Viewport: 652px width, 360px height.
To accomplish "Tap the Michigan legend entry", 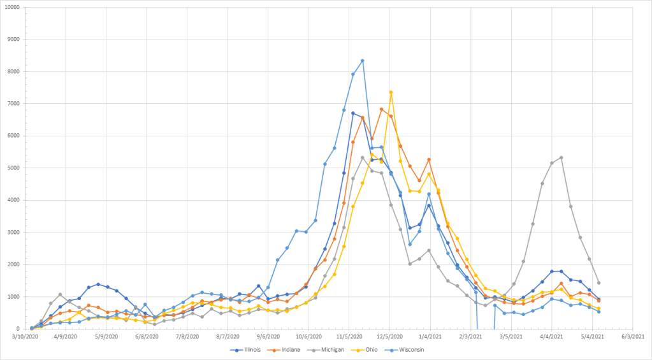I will (x=338, y=350).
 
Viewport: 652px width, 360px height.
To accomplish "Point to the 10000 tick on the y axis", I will (x=12, y=8).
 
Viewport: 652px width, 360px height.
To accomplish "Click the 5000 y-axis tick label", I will (x=14, y=168).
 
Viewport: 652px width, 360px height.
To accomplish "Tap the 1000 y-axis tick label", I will (x=14, y=297).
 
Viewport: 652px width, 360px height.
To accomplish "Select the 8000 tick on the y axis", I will (x=14, y=72).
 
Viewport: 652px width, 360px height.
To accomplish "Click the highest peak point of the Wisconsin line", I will (x=363, y=61).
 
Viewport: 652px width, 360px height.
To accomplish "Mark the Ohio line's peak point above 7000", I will (x=391, y=92).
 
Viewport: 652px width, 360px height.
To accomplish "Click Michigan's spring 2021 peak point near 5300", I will (x=561, y=157).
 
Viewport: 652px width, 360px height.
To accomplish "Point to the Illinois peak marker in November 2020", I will (x=353, y=113).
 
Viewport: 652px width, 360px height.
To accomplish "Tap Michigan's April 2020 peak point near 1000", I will (x=60, y=294).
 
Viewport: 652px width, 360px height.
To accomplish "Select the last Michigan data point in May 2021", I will (x=598, y=283).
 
